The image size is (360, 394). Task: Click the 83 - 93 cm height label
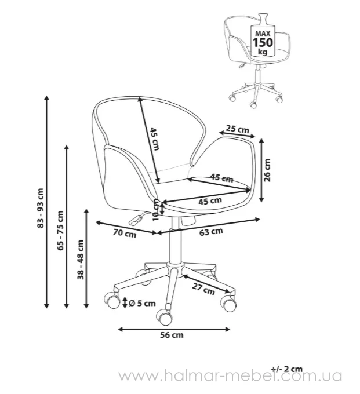pos(41,208)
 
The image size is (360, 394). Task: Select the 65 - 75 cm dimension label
pos(60,231)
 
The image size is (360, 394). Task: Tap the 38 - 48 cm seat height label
pos(81,260)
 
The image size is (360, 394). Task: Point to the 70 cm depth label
pos(125,233)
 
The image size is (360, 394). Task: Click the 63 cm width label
pos(211,231)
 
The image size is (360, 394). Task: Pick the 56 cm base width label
pos(172,335)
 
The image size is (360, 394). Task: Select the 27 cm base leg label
pos(203,289)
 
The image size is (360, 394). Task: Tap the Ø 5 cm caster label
pos(142,303)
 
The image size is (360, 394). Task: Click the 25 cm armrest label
pos(237,129)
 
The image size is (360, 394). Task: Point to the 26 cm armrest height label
pos(267,170)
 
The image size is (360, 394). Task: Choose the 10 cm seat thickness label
pos(157,210)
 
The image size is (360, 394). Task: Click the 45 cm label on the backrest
pos(155,139)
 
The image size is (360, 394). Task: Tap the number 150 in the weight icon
pos(263,42)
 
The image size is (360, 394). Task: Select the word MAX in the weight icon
pos(263,34)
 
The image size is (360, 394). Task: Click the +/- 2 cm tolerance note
pos(287,369)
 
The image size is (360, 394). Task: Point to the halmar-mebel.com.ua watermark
pos(230,376)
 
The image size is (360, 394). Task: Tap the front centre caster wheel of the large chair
pos(165,317)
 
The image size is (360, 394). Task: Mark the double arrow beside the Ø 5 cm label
pos(125,303)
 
